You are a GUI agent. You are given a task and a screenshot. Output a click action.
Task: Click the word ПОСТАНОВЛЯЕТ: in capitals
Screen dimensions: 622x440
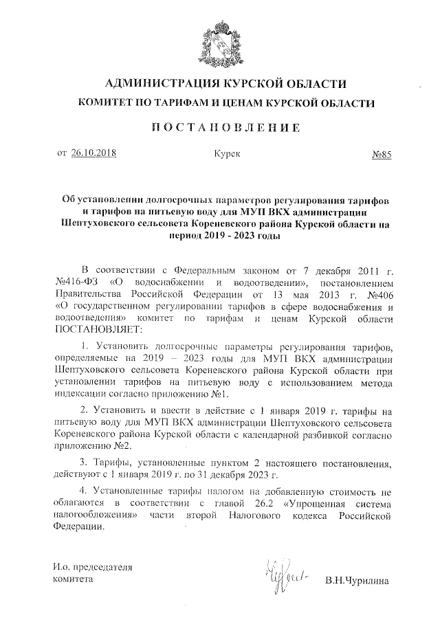[91, 329]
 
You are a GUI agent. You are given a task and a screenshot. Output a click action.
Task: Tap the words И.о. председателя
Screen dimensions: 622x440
[92, 567]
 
